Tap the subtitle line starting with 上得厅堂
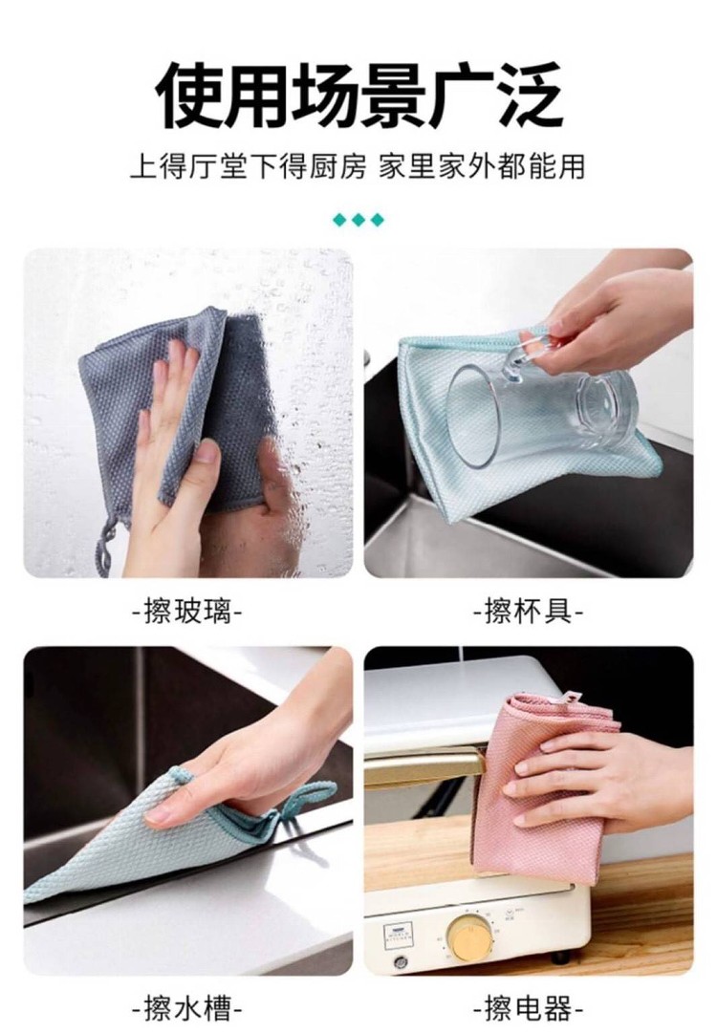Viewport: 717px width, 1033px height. tap(358, 167)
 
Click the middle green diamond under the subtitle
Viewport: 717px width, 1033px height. tap(358, 220)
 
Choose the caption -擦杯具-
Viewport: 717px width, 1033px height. tap(529, 612)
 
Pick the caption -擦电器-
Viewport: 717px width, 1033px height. tap(529, 1008)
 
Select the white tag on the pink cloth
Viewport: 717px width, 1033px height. tap(568, 697)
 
